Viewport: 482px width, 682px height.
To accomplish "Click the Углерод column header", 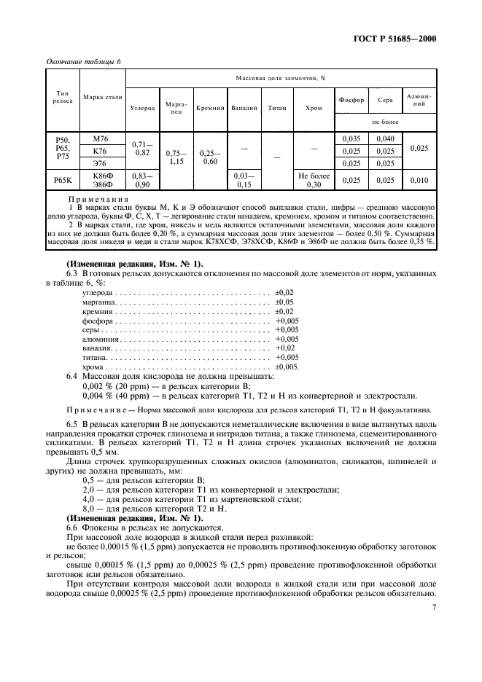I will point(142,108).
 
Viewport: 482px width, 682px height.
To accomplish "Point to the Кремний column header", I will point(210,108).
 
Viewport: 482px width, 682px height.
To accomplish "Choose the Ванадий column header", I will point(244,108).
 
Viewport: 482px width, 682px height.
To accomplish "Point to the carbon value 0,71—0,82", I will point(142,149).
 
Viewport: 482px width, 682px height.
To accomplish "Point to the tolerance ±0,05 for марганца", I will point(284,301).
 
